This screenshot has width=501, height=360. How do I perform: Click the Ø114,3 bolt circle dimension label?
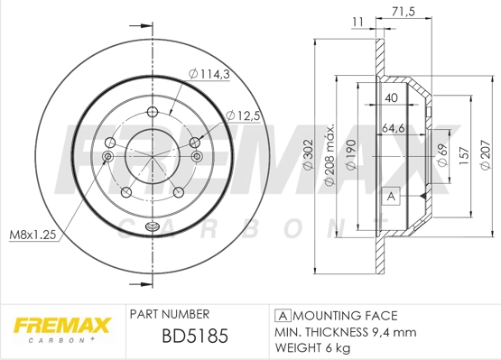pos(209,74)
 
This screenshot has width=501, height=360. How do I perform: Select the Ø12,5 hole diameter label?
pos(243,115)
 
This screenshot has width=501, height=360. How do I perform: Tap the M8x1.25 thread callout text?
pos(32,235)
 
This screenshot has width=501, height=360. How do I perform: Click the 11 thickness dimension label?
pos(357,22)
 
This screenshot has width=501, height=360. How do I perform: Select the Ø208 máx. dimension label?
pos(329,154)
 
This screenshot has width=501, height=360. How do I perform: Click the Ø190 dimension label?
pos(351,155)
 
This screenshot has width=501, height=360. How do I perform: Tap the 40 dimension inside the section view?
pos(392,97)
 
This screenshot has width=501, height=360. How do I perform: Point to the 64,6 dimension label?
pos(394,128)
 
